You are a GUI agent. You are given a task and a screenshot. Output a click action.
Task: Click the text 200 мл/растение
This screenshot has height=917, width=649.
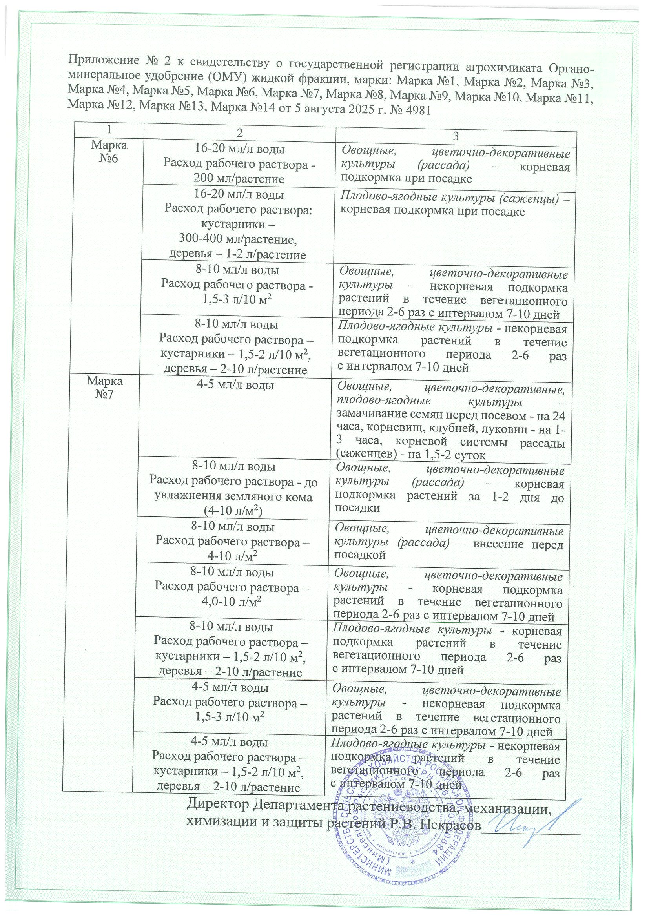point(239,179)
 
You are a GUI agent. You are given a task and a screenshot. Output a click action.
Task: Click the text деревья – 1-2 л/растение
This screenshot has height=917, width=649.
point(237,255)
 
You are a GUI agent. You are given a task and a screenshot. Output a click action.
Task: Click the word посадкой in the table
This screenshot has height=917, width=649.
point(359,555)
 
